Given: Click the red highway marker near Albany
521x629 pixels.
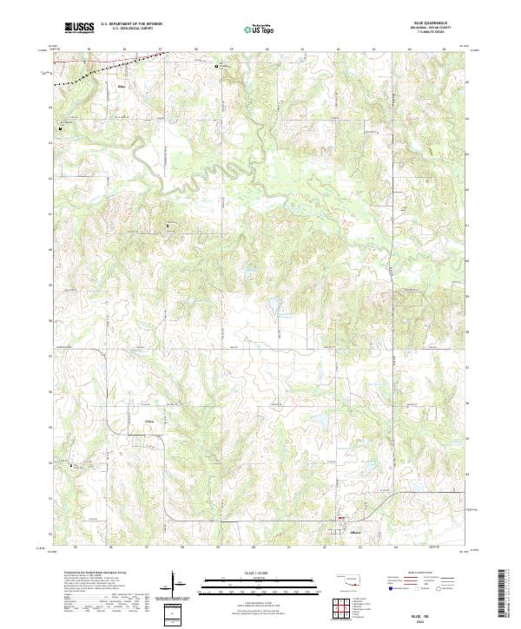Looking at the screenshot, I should click(x=340, y=521).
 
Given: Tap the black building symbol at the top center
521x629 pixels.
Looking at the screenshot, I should click(x=218, y=64).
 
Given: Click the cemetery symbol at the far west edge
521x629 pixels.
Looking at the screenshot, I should click(x=60, y=128).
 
